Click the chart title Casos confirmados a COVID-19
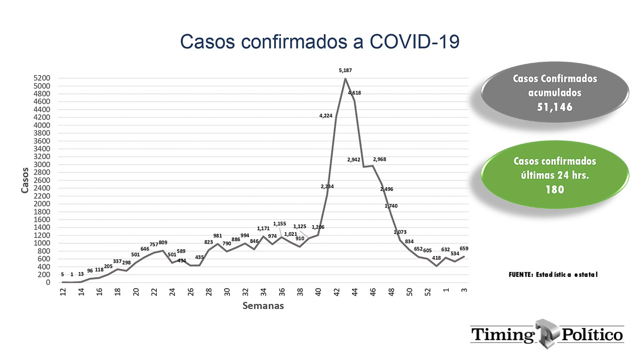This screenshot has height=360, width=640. click(319, 42)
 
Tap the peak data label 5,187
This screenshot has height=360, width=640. click(345, 70)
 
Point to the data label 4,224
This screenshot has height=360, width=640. click(326, 116)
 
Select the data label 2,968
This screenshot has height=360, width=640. click(379, 159)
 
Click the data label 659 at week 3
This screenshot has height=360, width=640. click(464, 249)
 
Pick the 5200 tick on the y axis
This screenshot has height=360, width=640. click(42, 78)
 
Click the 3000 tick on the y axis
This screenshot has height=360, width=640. click(42, 165)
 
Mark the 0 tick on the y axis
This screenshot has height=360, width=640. click(48, 282)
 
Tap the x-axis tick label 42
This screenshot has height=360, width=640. click(337, 292)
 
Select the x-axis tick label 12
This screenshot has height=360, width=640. click(63, 292)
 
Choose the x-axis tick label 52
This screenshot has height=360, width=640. click(427, 292)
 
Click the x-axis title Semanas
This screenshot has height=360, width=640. click(263, 306)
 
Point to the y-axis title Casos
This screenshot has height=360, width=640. click(25, 180)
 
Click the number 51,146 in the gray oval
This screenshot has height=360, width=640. click(555, 107)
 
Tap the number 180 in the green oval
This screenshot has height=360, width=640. click(555, 189)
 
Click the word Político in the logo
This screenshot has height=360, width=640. click(593, 335)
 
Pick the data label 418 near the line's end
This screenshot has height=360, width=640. click(436, 258)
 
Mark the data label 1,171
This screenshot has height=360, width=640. click(263, 229)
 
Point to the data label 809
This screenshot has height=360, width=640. click(163, 243)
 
